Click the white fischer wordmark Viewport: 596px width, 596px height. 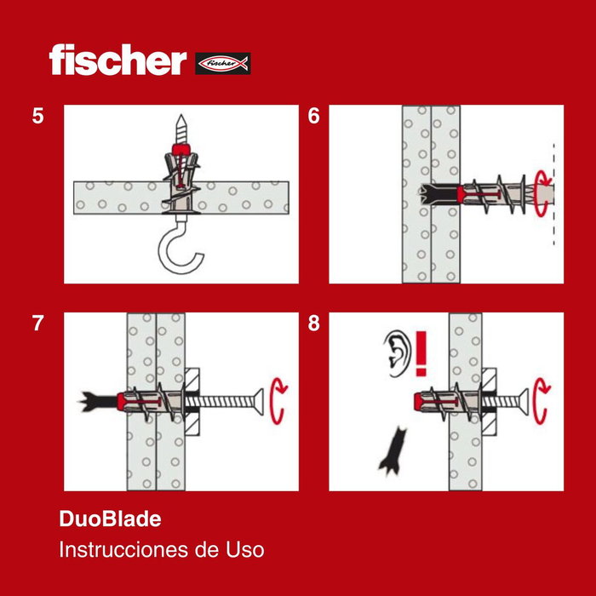(117, 60)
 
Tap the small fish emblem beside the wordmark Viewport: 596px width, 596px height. (223, 63)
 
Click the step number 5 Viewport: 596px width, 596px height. (37, 117)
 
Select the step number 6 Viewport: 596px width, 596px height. (313, 117)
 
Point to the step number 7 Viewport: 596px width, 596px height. (37, 324)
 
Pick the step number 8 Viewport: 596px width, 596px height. (313, 324)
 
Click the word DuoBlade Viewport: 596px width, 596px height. (110, 518)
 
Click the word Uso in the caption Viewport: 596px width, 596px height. (244, 550)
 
